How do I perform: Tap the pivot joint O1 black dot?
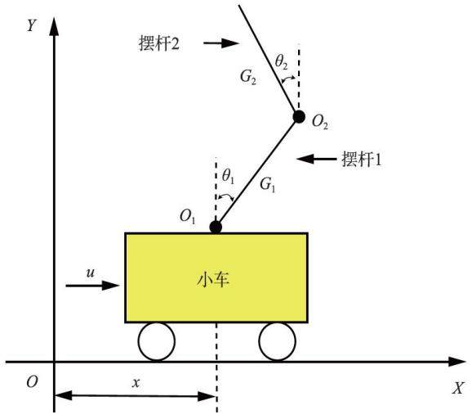click(216, 227)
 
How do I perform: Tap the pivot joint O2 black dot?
click(299, 117)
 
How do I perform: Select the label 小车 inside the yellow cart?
click(213, 280)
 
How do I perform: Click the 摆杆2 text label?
click(159, 43)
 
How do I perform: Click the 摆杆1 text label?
click(362, 159)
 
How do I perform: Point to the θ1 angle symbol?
click(228, 176)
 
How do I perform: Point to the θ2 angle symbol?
click(282, 62)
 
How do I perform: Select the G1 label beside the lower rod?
click(268, 184)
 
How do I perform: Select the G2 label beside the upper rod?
click(248, 77)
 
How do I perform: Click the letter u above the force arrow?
click(91, 273)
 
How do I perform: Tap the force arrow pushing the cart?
click(92, 285)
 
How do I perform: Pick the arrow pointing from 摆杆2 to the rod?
click(221, 43)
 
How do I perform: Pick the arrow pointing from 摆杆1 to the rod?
click(316, 159)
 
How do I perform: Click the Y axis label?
click(32, 25)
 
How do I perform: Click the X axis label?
click(458, 388)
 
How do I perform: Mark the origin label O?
click(32, 382)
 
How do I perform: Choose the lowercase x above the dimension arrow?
click(136, 383)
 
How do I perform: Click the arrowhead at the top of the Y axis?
click(54, 26)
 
